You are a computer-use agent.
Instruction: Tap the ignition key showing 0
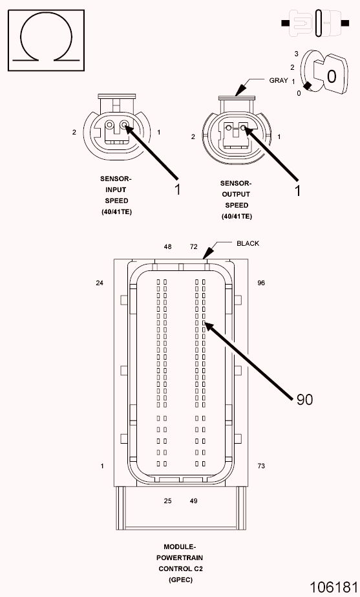point(330,74)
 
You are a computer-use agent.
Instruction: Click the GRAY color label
point(279,80)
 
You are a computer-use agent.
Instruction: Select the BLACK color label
point(248,243)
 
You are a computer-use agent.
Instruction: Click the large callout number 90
point(304,399)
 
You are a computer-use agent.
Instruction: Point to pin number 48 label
point(167,246)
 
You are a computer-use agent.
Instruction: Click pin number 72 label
point(194,246)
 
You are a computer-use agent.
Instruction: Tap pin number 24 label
point(100,283)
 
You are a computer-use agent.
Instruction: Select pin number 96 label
point(261,283)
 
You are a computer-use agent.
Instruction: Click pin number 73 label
point(261,466)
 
